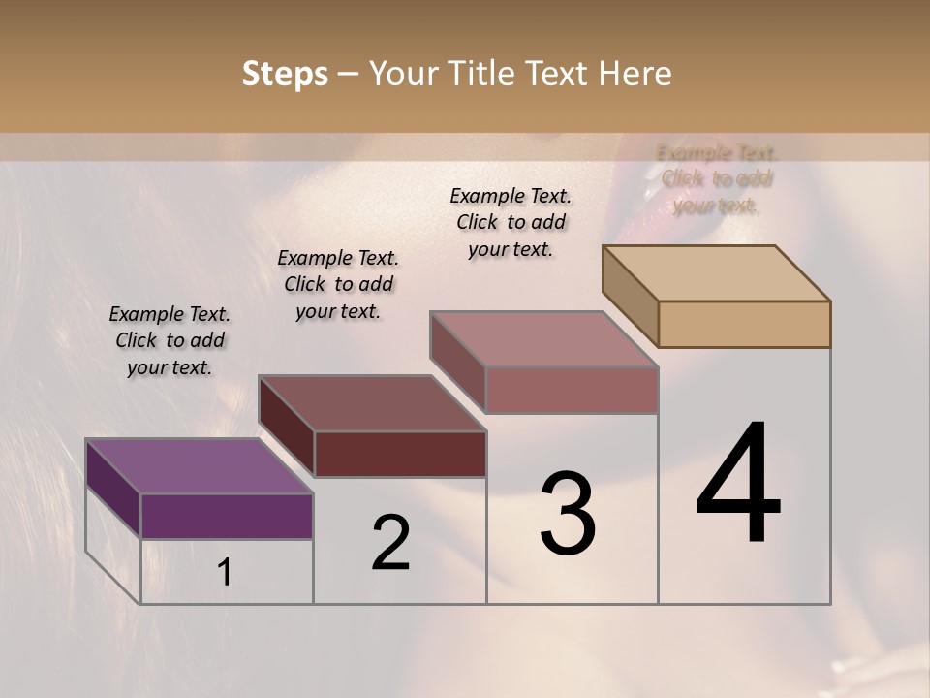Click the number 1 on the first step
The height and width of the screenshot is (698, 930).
click(x=225, y=572)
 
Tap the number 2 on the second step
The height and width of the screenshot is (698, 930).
click(x=390, y=543)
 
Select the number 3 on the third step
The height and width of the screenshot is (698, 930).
click(x=568, y=514)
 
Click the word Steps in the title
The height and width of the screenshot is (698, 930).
click(x=285, y=74)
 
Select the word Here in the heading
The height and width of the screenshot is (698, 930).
click(x=638, y=74)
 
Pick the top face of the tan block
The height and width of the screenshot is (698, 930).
click(x=717, y=273)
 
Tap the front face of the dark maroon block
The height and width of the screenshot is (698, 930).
click(x=400, y=454)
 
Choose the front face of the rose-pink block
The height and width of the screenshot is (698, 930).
click(x=572, y=390)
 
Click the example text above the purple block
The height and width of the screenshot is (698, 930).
click(x=170, y=340)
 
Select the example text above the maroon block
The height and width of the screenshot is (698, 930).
click(x=338, y=284)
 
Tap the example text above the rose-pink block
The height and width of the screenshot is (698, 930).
click(x=511, y=222)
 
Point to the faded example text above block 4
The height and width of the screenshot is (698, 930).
click(x=717, y=179)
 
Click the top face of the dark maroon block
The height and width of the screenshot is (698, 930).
click(x=372, y=403)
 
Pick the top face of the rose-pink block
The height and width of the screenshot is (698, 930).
click(x=543, y=339)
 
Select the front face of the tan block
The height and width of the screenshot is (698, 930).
click(x=744, y=324)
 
